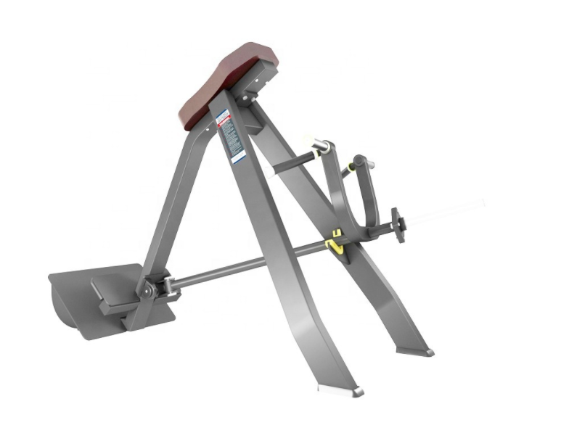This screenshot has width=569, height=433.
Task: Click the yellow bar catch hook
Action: (x=335, y=242)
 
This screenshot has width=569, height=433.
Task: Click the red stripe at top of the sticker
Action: (x=222, y=116)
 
